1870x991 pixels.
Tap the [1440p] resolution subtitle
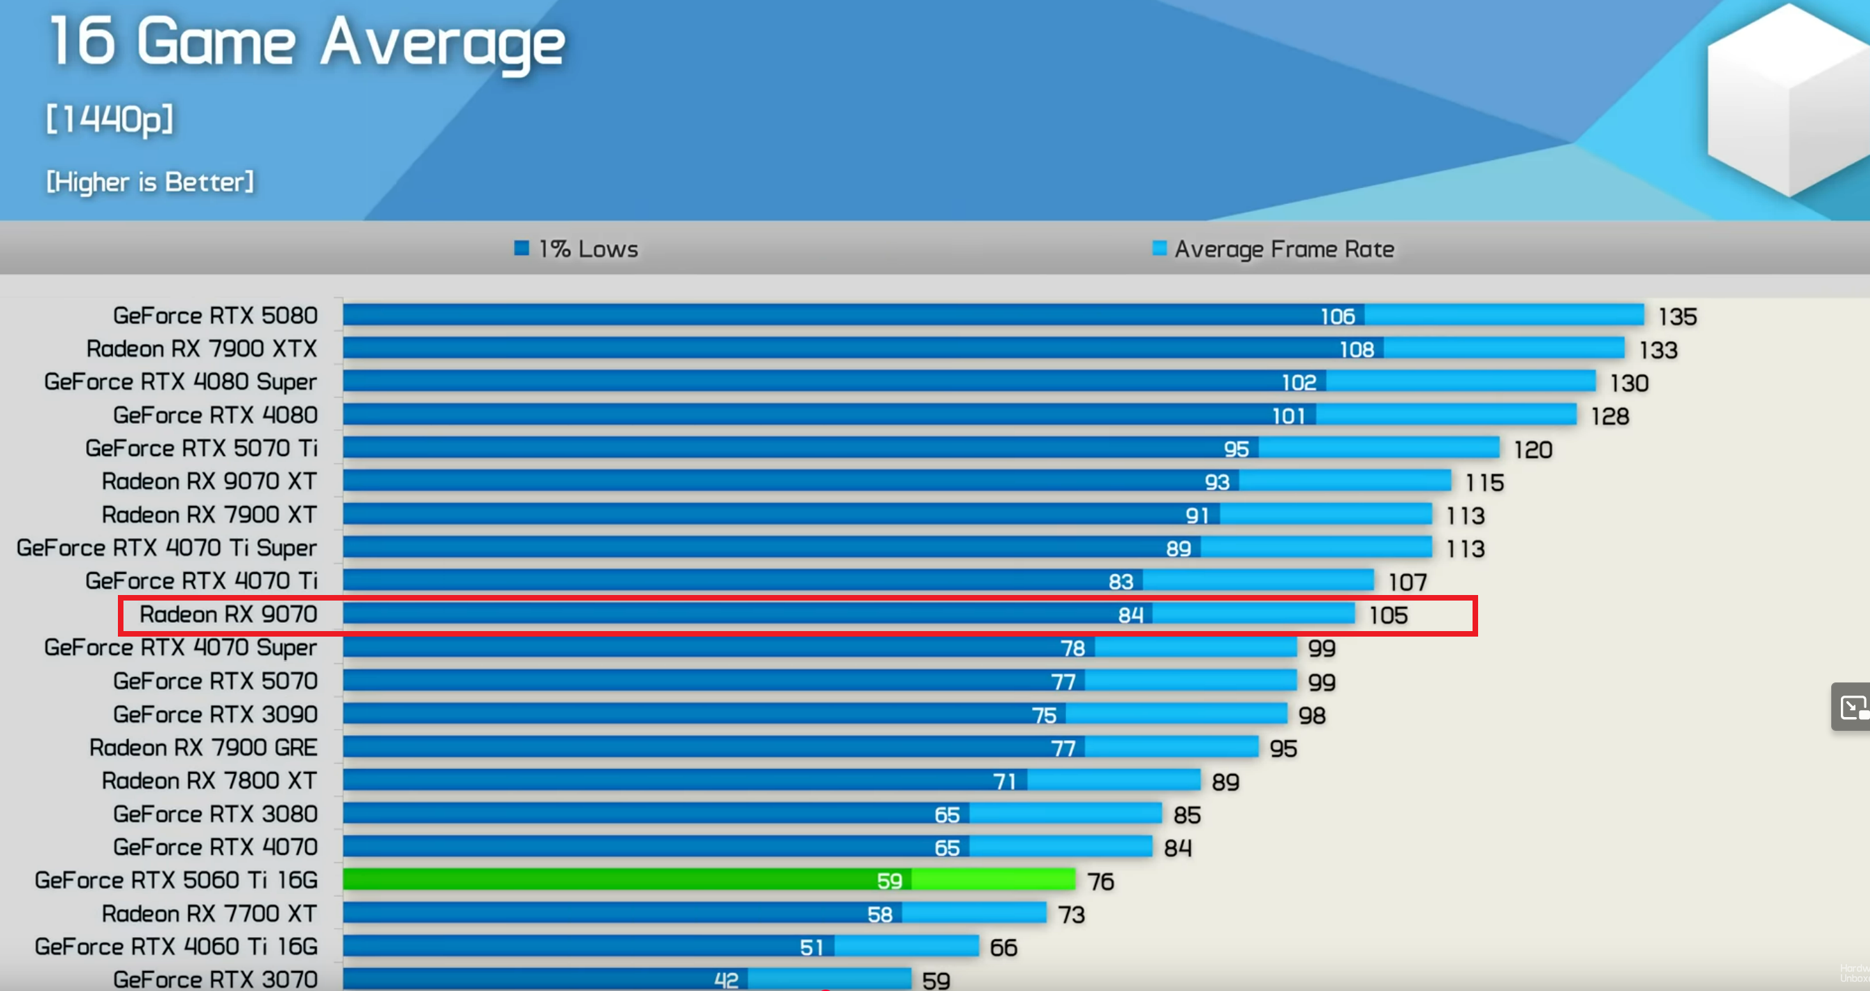click(110, 119)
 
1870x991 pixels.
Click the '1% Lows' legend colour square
click(521, 248)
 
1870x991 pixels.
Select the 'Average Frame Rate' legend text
click(1283, 249)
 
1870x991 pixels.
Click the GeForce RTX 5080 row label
click(215, 316)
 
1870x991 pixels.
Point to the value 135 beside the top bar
click(1677, 316)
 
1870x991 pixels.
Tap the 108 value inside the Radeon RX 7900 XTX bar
click(1356, 350)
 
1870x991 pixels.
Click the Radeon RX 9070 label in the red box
click(228, 614)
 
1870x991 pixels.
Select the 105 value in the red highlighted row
click(1388, 616)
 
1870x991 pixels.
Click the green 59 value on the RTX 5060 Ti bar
click(889, 881)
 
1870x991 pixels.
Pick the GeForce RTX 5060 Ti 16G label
click(175, 880)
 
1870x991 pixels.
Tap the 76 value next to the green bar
click(1100, 881)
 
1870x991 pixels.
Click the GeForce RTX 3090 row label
click(215, 714)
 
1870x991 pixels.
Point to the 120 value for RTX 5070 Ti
click(1532, 449)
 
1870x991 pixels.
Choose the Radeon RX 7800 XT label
click(209, 780)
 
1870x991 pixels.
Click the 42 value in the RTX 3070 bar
click(726, 980)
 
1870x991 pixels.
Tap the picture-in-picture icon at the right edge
click(1852, 707)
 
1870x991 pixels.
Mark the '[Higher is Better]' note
click(151, 182)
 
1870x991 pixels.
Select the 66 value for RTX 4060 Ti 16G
click(1003, 947)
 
